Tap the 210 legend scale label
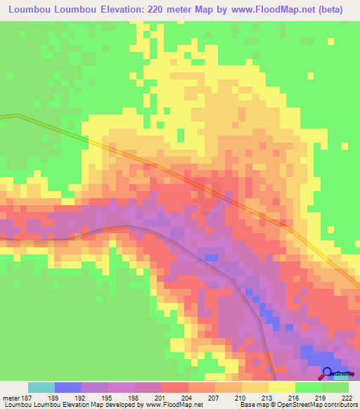pos(241,397)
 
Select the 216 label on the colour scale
pos(295,397)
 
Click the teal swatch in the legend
pos(41,387)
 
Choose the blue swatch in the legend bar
pos(68,387)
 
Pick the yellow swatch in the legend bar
pos(281,387)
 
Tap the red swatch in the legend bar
pos(175,387)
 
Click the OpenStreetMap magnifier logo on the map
pos(328,372)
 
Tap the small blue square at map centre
pos(210,257)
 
